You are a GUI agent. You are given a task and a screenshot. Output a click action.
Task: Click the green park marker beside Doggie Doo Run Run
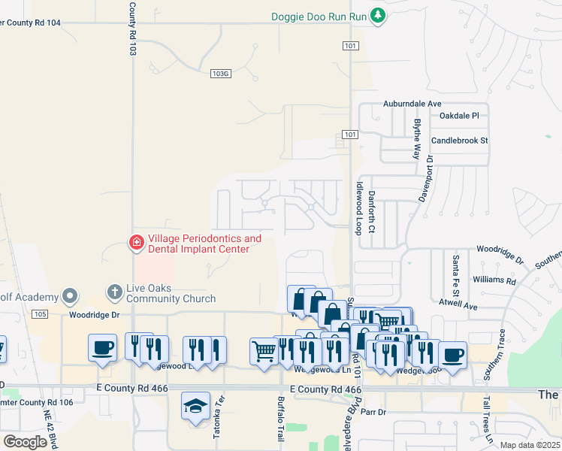pos(379,15)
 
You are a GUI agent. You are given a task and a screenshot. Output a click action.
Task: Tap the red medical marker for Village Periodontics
pos(136,243)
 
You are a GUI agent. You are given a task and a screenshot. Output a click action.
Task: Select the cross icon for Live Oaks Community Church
pos(114,290)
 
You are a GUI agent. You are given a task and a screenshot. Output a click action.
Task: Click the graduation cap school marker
pos(195,407)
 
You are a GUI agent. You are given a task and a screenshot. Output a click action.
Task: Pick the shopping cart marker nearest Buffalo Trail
pos(264,351)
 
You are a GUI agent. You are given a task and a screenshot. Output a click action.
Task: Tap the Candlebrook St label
pos(460,141)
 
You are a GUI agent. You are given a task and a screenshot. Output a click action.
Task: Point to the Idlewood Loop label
pos(359,207)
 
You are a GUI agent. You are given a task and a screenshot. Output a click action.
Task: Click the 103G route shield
pos(220,74)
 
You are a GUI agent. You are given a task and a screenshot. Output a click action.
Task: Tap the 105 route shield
pos(41,313)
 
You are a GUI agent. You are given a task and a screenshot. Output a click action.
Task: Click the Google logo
pos(26,441)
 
